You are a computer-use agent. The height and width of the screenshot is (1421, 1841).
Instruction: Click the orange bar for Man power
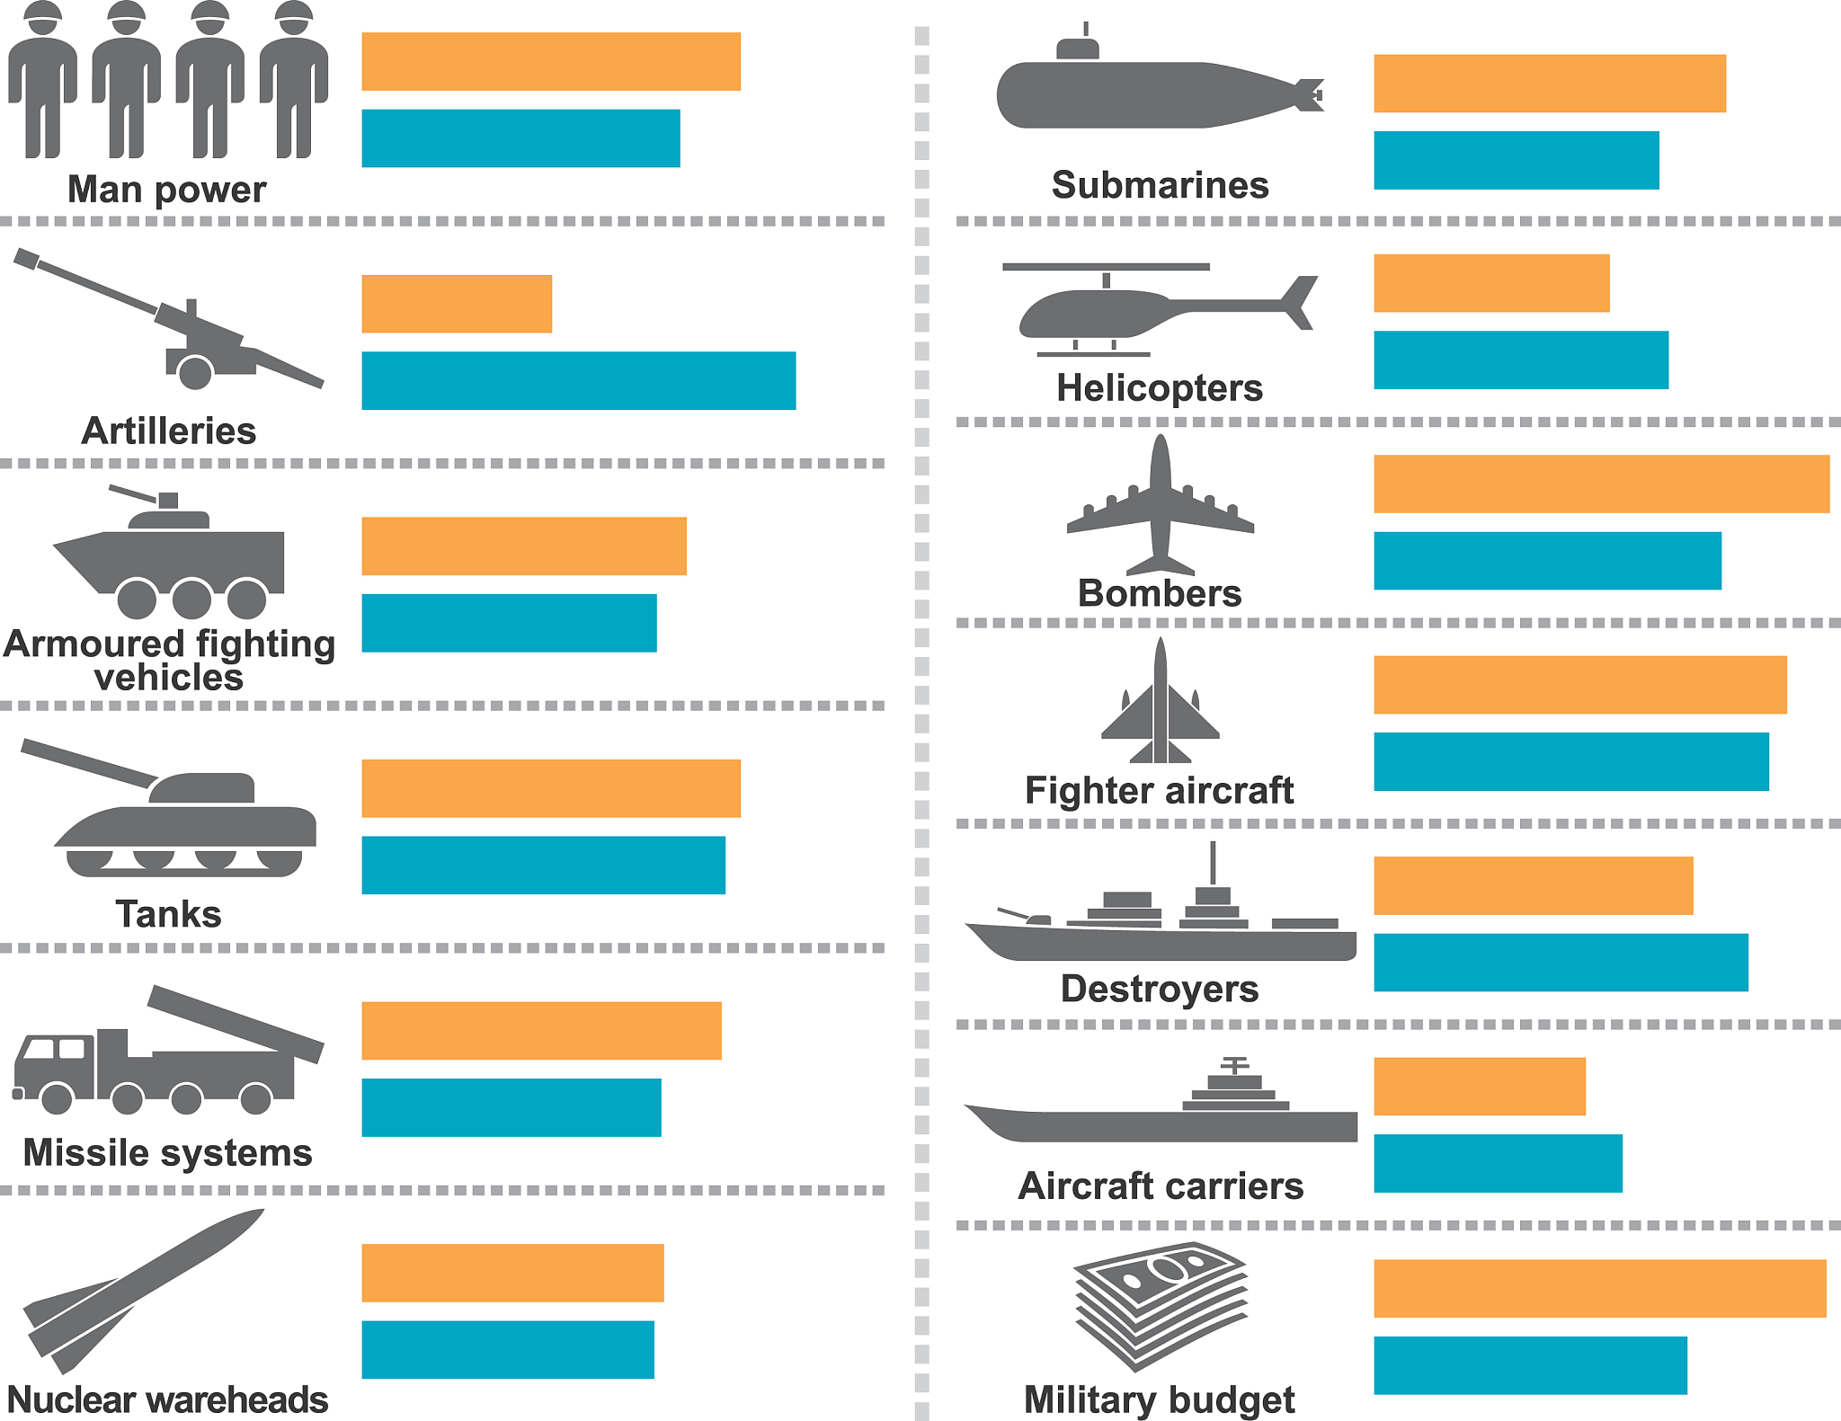pos(550,61)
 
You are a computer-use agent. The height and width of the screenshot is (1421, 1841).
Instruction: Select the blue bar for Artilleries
pos(578,380)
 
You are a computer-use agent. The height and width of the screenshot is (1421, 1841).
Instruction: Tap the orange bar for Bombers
pos(1600,484)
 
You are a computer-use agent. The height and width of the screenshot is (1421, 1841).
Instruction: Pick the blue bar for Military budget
pos(1529,1365)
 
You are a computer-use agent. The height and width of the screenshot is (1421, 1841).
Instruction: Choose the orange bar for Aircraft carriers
pos(1479,1086)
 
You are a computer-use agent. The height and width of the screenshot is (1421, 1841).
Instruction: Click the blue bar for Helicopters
pos(1520,360)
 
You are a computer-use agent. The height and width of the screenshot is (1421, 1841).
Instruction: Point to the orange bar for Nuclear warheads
pos(512,1273)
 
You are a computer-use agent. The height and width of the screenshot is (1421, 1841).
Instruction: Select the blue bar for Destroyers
pos(1560,963)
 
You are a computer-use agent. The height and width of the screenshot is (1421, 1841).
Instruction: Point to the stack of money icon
pos(1161,1303)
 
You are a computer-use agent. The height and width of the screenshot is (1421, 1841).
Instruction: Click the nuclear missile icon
pos(144,1290)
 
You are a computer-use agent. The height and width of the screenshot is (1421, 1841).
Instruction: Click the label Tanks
pos(168,914)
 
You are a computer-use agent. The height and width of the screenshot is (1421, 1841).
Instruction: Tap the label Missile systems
pos(167,1152)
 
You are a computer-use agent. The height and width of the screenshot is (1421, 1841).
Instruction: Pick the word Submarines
pos(1160,185)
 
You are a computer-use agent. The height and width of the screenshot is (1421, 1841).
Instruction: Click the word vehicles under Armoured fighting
pos(168,677)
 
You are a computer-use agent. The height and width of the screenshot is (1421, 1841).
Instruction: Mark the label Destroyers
pos(1160,989)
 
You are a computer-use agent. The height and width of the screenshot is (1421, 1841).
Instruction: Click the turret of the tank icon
pos(202,788)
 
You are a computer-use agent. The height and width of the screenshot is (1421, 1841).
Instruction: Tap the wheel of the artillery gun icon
pos(194,371)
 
